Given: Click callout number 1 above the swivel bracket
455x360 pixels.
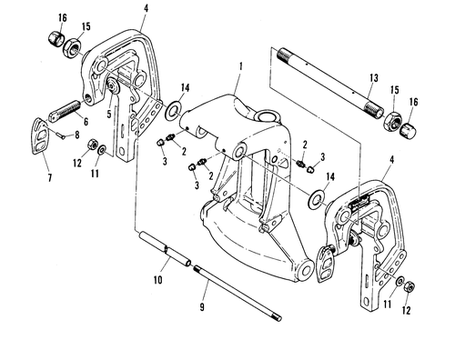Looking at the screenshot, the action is coord(241,66).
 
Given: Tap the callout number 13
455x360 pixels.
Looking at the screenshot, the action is coord(374,78).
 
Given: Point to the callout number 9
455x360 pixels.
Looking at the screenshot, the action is coord(202,307).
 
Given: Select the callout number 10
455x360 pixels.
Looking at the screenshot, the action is coord(157,280).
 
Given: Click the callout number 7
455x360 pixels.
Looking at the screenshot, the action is coord(50,177).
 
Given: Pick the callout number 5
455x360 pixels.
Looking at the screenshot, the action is coord(109,114).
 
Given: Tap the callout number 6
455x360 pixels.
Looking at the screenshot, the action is coord(86,122).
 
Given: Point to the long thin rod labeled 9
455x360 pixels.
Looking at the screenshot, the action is coord(238,292).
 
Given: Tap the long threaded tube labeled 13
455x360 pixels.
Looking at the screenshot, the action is coord(330,83).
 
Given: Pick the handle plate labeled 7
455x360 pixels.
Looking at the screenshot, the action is coord(41,136).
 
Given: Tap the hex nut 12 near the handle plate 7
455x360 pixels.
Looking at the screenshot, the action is coord(92,145).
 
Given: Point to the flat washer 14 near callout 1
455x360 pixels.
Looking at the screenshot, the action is coord(173,110).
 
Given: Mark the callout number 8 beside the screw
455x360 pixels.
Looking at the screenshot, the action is coord(76,135).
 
